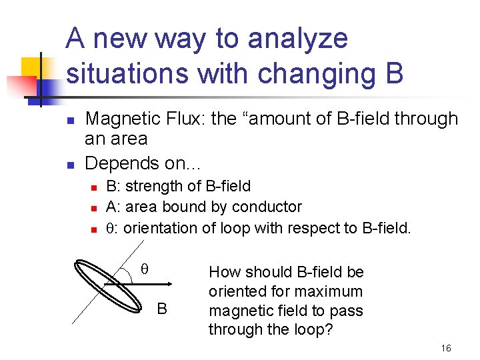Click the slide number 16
pos(446,349)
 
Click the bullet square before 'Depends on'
pos(69,164)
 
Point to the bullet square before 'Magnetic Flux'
pos(69,120)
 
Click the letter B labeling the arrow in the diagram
pos(161,309)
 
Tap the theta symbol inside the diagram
pos(143,269)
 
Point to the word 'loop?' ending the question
pos(315,330)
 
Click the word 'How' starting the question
pos(223,272)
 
